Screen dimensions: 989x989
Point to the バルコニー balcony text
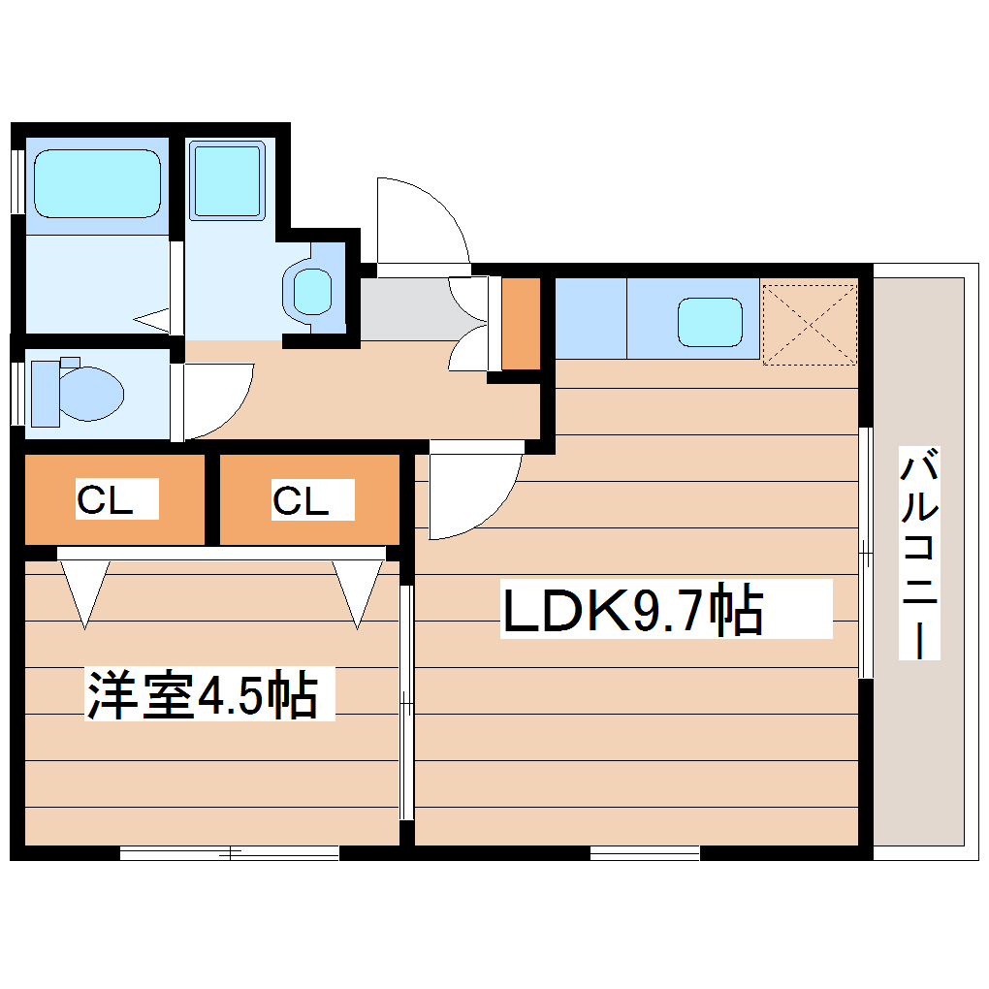click(919, 553)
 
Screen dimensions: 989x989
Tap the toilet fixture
click(78, 392)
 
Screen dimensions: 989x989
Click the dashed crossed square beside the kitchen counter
click(810, 323)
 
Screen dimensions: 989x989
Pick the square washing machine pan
click(227, 180)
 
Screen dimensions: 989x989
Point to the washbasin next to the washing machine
click(312, 289)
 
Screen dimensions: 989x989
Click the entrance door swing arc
click(417, 221)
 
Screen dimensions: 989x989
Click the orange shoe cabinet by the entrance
click(521, 323)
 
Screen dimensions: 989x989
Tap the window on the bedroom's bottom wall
click(229, 853)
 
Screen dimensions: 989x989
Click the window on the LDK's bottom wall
click(644, 853)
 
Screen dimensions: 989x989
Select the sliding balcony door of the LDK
click(866, 553)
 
